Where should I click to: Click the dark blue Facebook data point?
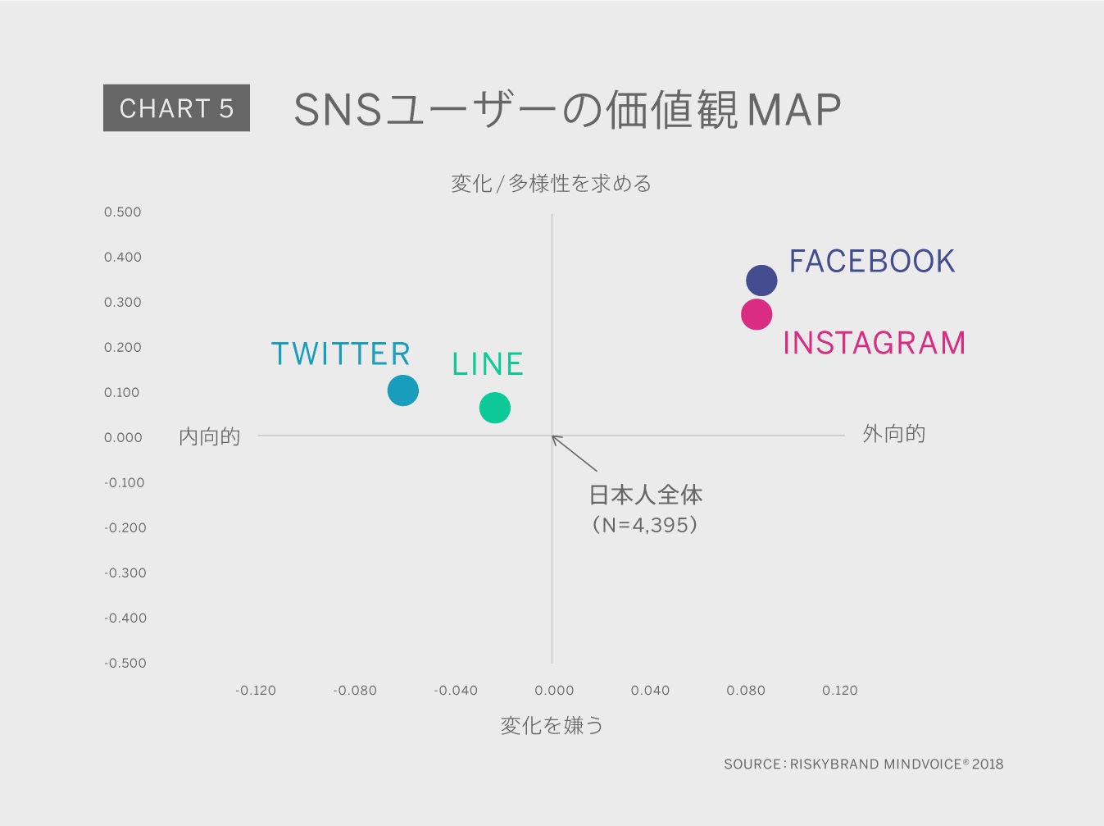click(x=761, y=281)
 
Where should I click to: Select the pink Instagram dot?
click(x=756, y=315)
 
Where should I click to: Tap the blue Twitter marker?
click(x=403, y=390)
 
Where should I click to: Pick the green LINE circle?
click(x=495, y=408)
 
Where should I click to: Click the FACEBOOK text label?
click(x=871, y=261)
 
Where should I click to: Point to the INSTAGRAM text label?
click(x=875, y=344)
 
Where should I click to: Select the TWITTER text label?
click(x=340, y=354)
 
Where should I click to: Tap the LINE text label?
click(x=488, y=364)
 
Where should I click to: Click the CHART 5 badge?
click(x=176, y=107)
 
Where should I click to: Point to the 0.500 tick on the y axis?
click(x=123, y=212)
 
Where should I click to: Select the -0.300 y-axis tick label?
click(x=125, y=573)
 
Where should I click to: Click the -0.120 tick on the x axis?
click(x=256, y=690)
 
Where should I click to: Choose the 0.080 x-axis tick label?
click(x=745, y=690)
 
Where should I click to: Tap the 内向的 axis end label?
click(x=209, y=436)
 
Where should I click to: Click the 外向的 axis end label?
click(x=893, y=434)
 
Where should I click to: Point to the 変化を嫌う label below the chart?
click(x=552, y=726)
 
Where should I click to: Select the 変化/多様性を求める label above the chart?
click(x=552, y=184)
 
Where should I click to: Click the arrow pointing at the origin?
click(x=575, y=453)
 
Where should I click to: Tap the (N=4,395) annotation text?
click(x=645, y=525)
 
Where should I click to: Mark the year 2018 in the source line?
click(x=988, y=764)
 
